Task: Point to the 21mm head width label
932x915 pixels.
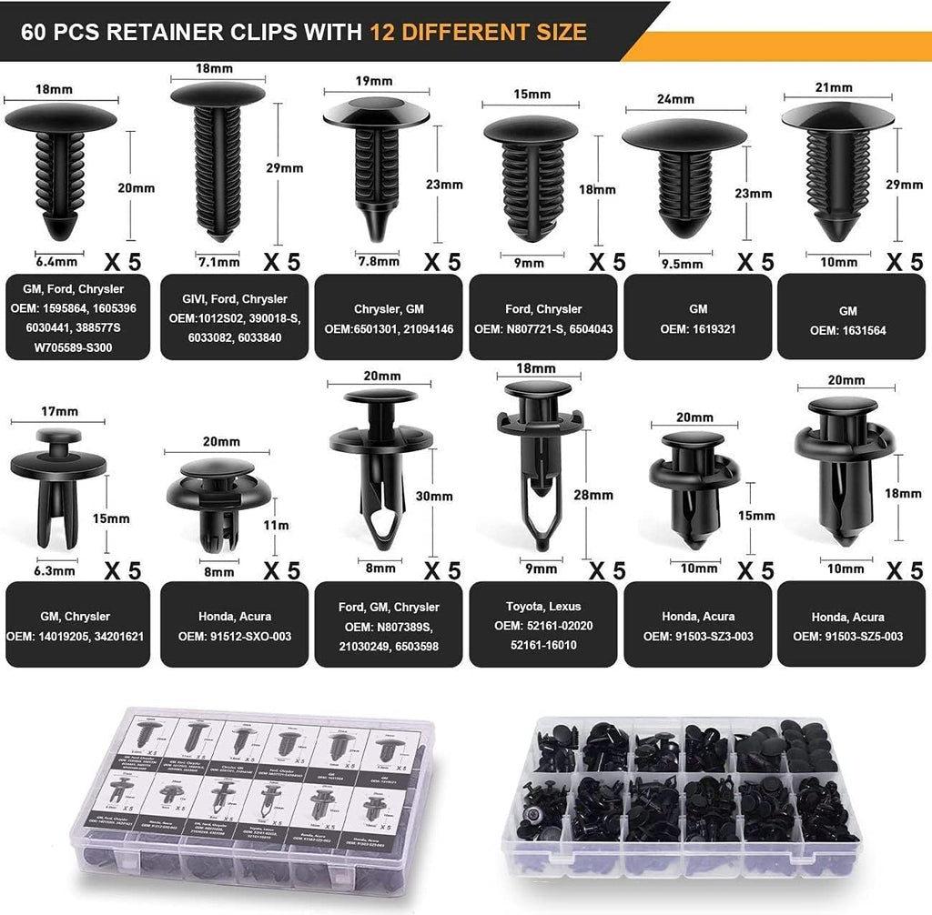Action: click(x=834, y=87)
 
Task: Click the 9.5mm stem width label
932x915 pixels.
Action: click(x=681, y=264)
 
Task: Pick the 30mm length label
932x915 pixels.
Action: click(x=435, y=497)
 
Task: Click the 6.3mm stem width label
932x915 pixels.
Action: click(x=55, y=572)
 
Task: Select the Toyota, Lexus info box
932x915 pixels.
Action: click(x=543, y=626)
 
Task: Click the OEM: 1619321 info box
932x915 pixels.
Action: click(x=697, y=318)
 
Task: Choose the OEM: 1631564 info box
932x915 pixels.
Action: click(x=851, y=318)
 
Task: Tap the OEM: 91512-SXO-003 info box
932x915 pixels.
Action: click(x=233, y=626)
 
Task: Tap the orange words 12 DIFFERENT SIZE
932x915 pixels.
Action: click(x=478, y=33)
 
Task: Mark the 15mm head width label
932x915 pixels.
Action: click(x=532, y=94)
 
